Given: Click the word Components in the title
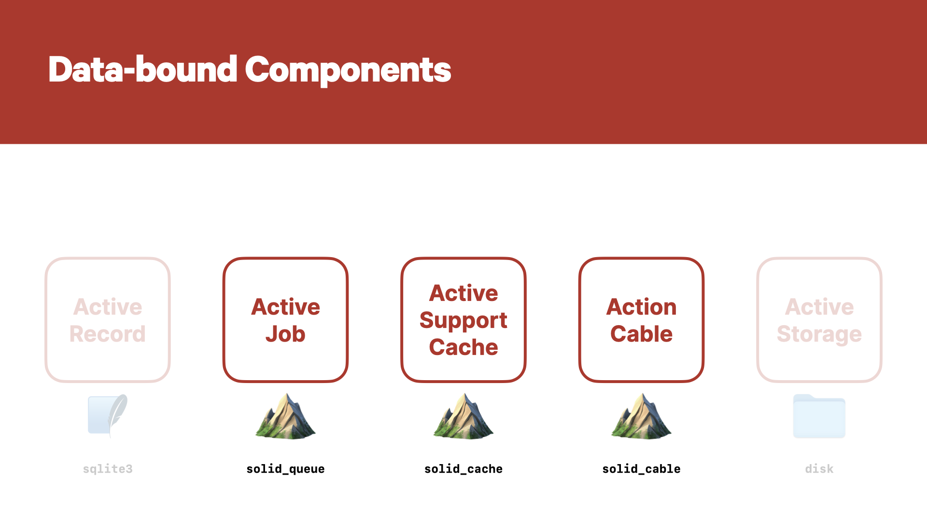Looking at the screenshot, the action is (348, 70).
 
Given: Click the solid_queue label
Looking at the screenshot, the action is (285, 469).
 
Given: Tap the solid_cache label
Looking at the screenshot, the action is (463, 469).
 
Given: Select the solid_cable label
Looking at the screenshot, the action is (641, 469).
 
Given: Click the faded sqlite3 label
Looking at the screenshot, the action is (108, 469).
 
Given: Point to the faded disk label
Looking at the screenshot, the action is (819, 469).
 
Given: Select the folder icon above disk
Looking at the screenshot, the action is (819, 416).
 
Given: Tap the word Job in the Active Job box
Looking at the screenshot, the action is (285, 334).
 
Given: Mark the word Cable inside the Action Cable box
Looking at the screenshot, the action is (641, 334).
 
